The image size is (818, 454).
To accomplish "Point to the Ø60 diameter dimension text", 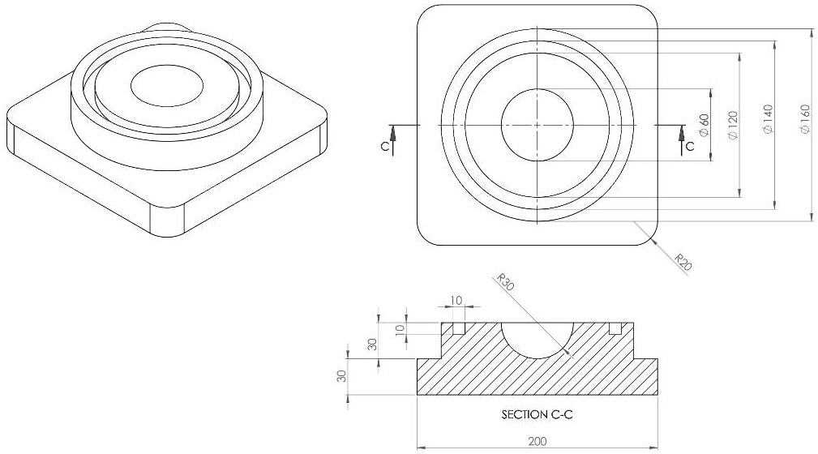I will pos(705,125).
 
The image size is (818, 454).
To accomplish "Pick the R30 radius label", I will pos(506,283).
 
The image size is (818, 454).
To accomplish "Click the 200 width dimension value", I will pos(537,442).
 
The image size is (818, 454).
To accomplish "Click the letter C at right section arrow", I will pos(690,148).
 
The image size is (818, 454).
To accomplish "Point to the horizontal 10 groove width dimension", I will pos(456,301).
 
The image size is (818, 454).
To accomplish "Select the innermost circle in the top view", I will pos(537,125).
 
